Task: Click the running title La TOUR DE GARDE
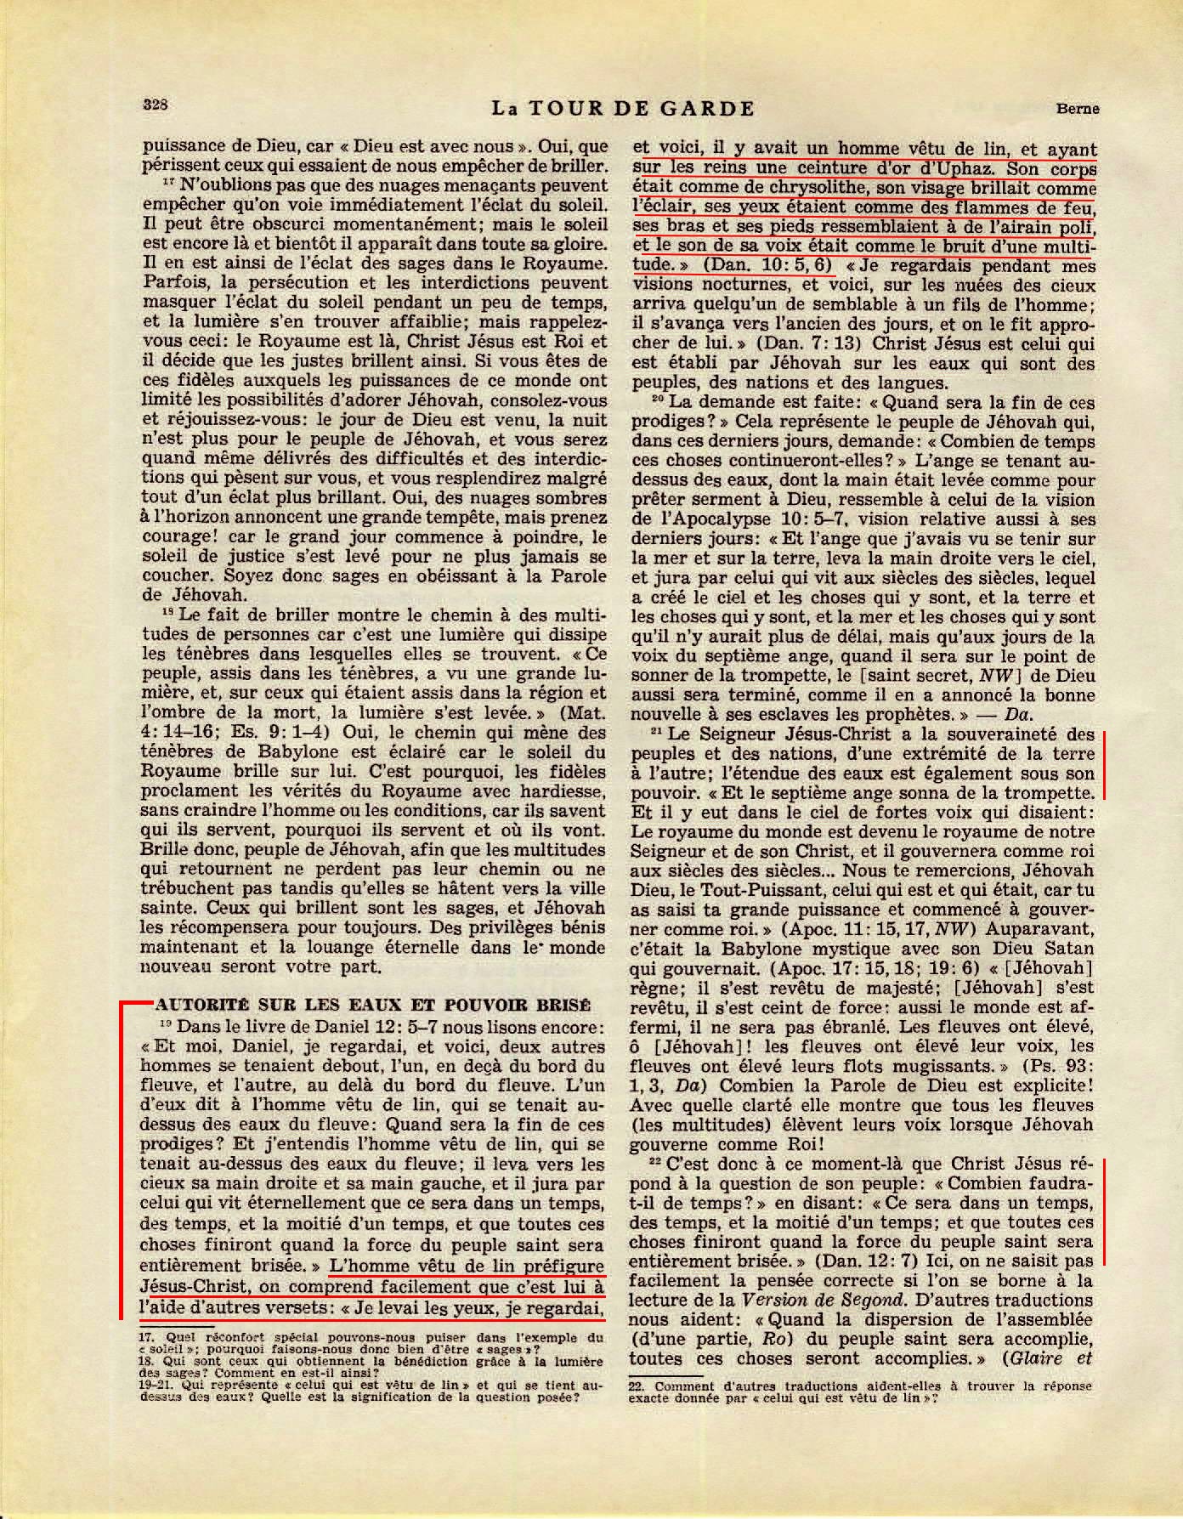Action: [623, 109]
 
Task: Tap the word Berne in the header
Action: [1078, 109]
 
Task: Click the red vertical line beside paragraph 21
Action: [1104, 763]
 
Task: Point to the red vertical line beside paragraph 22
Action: [1104, 1210]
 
